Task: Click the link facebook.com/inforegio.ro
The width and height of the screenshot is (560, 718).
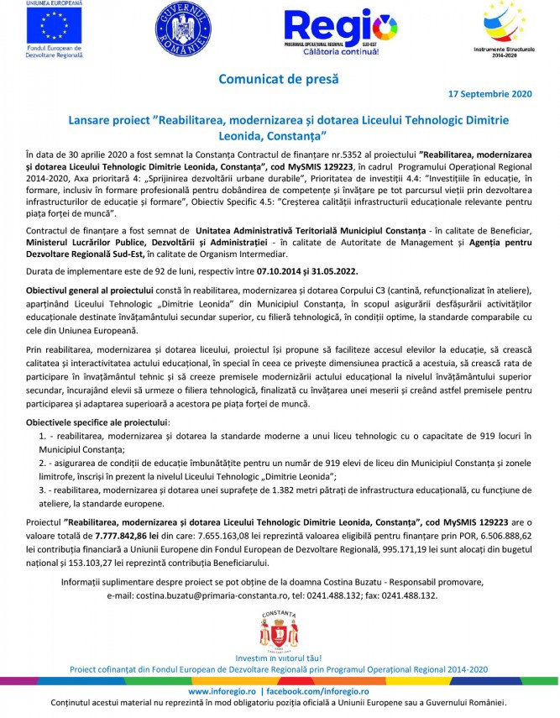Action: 317,690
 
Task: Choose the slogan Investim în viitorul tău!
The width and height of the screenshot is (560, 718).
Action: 279,658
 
